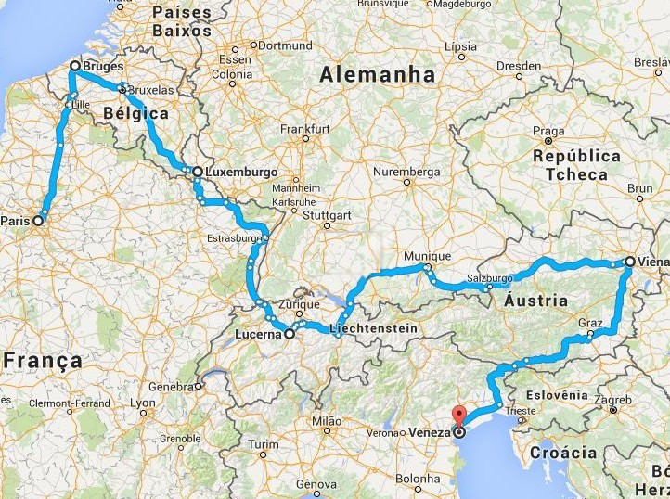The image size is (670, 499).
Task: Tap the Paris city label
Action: pyautogui.click(x=14, y=221)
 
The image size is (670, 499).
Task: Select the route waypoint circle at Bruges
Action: pyautogui.click(x=75, y=66)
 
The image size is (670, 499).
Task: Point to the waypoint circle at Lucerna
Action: pyautogui.click(x=290, y=333)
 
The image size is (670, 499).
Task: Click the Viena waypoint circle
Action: pyautogui.click(x=629, y=262)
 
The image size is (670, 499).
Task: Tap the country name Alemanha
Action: pyautogui.click(x=378, y=73)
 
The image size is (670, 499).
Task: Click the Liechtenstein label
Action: pyautogui.click(x=369, y=330)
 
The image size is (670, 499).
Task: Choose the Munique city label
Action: pyautogui.click(x=428, y=256)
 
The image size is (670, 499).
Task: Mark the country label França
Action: pyautogui.click(x=42, y=360)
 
